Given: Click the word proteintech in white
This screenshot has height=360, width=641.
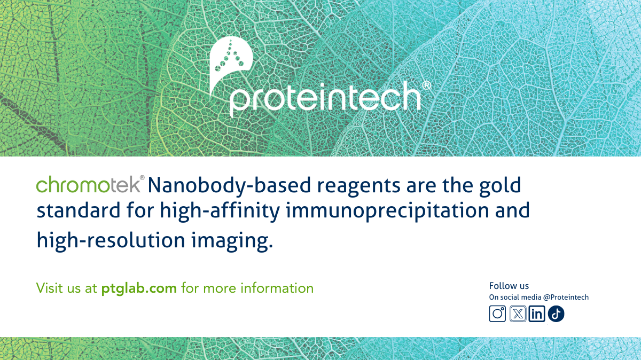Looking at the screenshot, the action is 325,99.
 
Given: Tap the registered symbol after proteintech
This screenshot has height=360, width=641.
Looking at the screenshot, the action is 426,85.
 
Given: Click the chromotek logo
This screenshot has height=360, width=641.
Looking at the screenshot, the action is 90,184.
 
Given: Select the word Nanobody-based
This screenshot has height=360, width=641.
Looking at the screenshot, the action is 229,186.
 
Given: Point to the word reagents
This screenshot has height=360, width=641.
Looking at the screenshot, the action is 358,186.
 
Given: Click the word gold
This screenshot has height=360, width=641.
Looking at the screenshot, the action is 500,186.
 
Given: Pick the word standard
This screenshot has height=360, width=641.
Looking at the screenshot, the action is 79,210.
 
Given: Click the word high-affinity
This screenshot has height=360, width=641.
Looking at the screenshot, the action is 220,212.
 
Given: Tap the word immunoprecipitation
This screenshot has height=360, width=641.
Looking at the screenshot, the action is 387,212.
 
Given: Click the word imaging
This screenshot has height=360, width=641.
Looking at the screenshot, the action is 232,241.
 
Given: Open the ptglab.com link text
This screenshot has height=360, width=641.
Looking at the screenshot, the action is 139,288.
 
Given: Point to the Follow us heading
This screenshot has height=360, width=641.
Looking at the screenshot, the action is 509,286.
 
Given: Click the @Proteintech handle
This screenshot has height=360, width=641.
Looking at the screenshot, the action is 566,298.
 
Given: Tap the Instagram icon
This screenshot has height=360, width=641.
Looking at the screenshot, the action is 497,314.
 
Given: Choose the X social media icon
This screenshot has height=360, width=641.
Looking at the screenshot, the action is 518,314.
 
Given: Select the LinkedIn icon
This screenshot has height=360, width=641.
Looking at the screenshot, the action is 536,314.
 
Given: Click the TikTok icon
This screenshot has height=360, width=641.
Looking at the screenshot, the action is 556,314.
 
